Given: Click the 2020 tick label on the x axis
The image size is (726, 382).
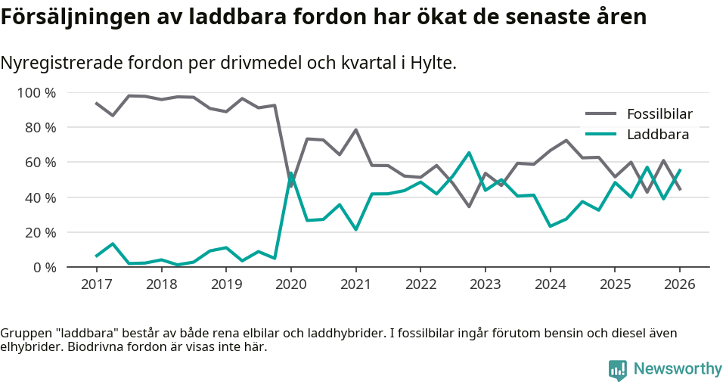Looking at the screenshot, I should tap(291, 284).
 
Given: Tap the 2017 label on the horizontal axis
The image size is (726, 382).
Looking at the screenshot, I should tap(97, 284).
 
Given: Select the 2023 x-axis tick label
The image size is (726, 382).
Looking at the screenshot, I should tap(486, 284).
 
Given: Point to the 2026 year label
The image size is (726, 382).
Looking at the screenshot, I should tap(679, 284).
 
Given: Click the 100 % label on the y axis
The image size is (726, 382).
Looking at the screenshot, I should tap(36, 93).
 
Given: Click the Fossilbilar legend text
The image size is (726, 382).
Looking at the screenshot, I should tap(659, 115).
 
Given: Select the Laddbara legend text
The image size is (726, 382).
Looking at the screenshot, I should tap(658, 135).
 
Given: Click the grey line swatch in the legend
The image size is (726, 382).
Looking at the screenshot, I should tap(602, 115).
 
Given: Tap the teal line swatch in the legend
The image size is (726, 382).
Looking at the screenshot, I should tap(602, 135).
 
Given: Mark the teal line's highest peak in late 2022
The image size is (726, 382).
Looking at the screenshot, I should tap(469, 153).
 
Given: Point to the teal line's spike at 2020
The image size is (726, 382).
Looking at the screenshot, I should tap(291, 173).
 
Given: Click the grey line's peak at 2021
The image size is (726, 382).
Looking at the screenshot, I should tap(355, 130).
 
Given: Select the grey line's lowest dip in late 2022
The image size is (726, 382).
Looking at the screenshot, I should tap(469, 206).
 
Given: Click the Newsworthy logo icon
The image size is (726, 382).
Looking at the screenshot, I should tap(618, 369).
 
